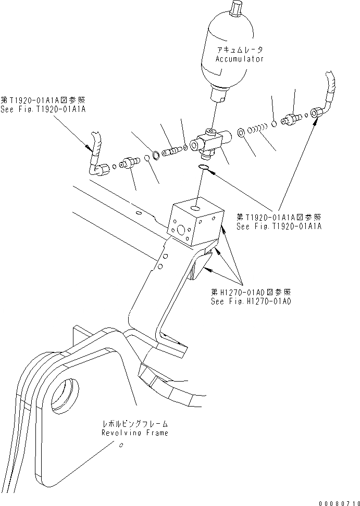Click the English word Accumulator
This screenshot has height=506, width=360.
pyautogui.click(x=240, y=59)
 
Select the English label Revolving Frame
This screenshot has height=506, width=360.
pyautogui.click(x=135, y=433)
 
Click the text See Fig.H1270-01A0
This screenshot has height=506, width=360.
pyautogui.click(x=251, y=301)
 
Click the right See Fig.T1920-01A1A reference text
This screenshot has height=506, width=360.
pyautogui.click(x=279, y=226)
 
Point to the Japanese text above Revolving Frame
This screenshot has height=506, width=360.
pyautogui.click(x=135, y=424)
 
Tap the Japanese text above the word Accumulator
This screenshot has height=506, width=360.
pyautogui.click(x=240, y=50)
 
